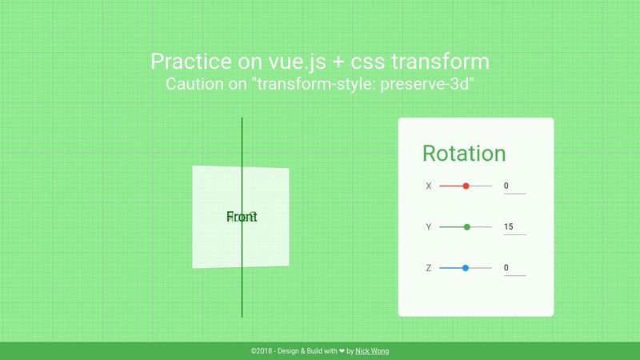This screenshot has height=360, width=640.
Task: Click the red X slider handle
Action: (x=466, y=186)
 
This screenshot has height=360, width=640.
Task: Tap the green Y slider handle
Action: (x=467, y=227)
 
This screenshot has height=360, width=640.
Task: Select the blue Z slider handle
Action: (x=465, y=268)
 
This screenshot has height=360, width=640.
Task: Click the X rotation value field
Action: (x=514, y=186)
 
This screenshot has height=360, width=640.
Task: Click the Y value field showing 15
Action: (x=514, y=227)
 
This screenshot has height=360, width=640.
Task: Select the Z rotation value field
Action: (x=514, y=268)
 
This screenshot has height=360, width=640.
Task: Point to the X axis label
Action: (x=429, y=186)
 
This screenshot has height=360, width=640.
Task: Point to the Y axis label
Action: (x=429, y=227)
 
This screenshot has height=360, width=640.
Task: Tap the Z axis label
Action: (x=429, y=268)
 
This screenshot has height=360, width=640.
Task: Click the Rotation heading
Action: (x=463, y=154)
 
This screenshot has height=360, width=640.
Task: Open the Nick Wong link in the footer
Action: (x=372, y=351)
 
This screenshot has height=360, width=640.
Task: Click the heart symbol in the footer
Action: (x=342, y=351)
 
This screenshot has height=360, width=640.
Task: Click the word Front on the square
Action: (x=242, y=217)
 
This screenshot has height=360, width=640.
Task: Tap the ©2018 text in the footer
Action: (x=262, y=351)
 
